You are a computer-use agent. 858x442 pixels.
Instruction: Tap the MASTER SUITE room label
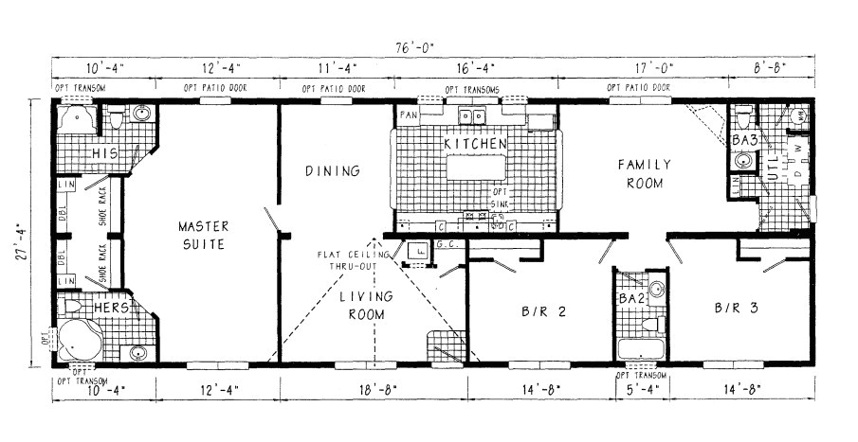(203, 235)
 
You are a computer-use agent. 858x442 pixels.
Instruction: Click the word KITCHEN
(475, 144)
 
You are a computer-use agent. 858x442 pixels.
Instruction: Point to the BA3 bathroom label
(745, 140)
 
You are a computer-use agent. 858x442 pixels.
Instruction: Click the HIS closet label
(104, 153)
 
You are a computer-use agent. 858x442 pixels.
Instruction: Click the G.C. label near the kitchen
(447, 244)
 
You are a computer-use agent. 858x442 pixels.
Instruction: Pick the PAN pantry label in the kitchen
(409, 115)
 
